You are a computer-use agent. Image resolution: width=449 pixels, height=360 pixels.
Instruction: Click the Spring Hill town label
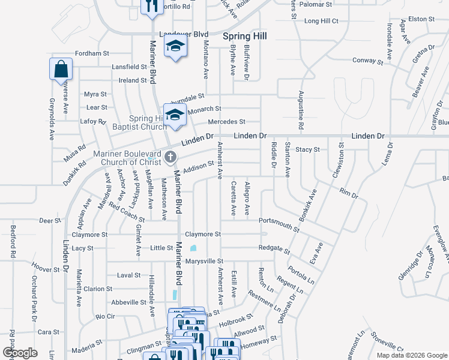(x=244, y=36)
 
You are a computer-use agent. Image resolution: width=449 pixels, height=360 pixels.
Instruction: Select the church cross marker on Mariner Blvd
(x=170, y=158)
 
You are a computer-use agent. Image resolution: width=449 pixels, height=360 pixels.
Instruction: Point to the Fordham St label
(x=96, y=53)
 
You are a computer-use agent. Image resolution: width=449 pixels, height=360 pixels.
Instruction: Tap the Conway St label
(x=367, y=61)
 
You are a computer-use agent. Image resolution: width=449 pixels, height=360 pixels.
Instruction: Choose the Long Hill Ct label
(x=321, y=21)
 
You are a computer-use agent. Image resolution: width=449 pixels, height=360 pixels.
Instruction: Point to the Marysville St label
(x=204, y=262)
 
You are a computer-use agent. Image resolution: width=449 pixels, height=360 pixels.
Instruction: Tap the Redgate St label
(x=274, y=248)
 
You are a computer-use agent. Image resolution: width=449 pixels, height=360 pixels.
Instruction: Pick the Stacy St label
(x=307, y=149)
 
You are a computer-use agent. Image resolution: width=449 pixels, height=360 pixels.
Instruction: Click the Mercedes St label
(x=226, y=122)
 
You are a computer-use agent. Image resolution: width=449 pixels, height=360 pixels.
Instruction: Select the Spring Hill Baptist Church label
(x=140, y=122)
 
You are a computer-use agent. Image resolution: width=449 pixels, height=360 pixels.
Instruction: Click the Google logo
(x=20, y=353)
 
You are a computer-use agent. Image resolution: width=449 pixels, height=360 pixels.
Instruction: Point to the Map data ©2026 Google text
(x=411, y=355)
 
